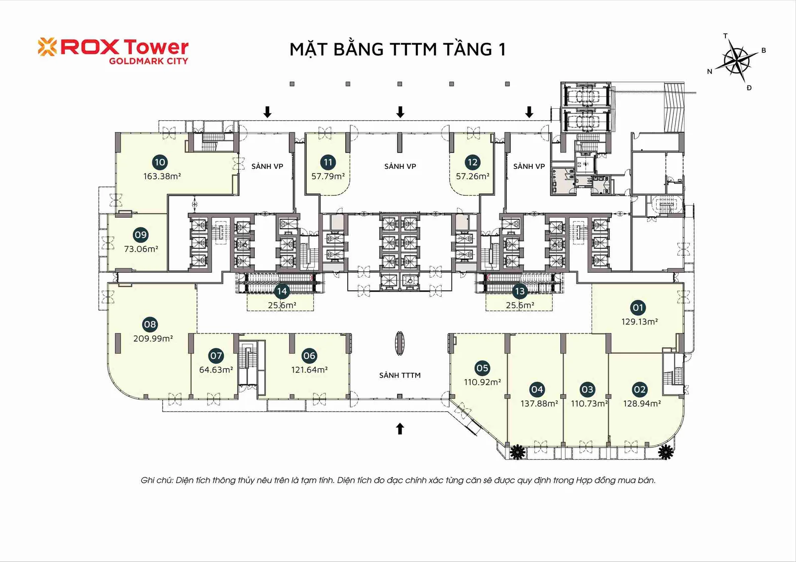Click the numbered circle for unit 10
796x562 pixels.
click(160, 162)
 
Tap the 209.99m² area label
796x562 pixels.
click(153, 338)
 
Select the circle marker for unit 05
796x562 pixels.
click(482, 368)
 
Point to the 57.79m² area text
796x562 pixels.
click(328, 176)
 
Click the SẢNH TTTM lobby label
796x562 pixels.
click(400, 375)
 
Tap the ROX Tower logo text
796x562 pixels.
click(125, 47)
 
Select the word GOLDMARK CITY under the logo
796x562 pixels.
click(149, 61)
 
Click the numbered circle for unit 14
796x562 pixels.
click(282, 292)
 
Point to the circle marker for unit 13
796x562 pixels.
click(519, 292)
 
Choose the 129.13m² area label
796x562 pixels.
click(639, 321)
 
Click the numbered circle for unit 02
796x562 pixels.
click(640, 390)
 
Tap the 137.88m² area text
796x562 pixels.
click(539, 403)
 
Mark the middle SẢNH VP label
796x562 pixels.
click(400, 166)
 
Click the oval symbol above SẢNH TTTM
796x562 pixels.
click(400, 343)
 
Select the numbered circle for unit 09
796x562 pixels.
click(140, 235)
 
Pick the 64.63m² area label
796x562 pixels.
click(216, 370)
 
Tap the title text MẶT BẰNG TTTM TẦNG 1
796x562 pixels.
click(398, 49)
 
